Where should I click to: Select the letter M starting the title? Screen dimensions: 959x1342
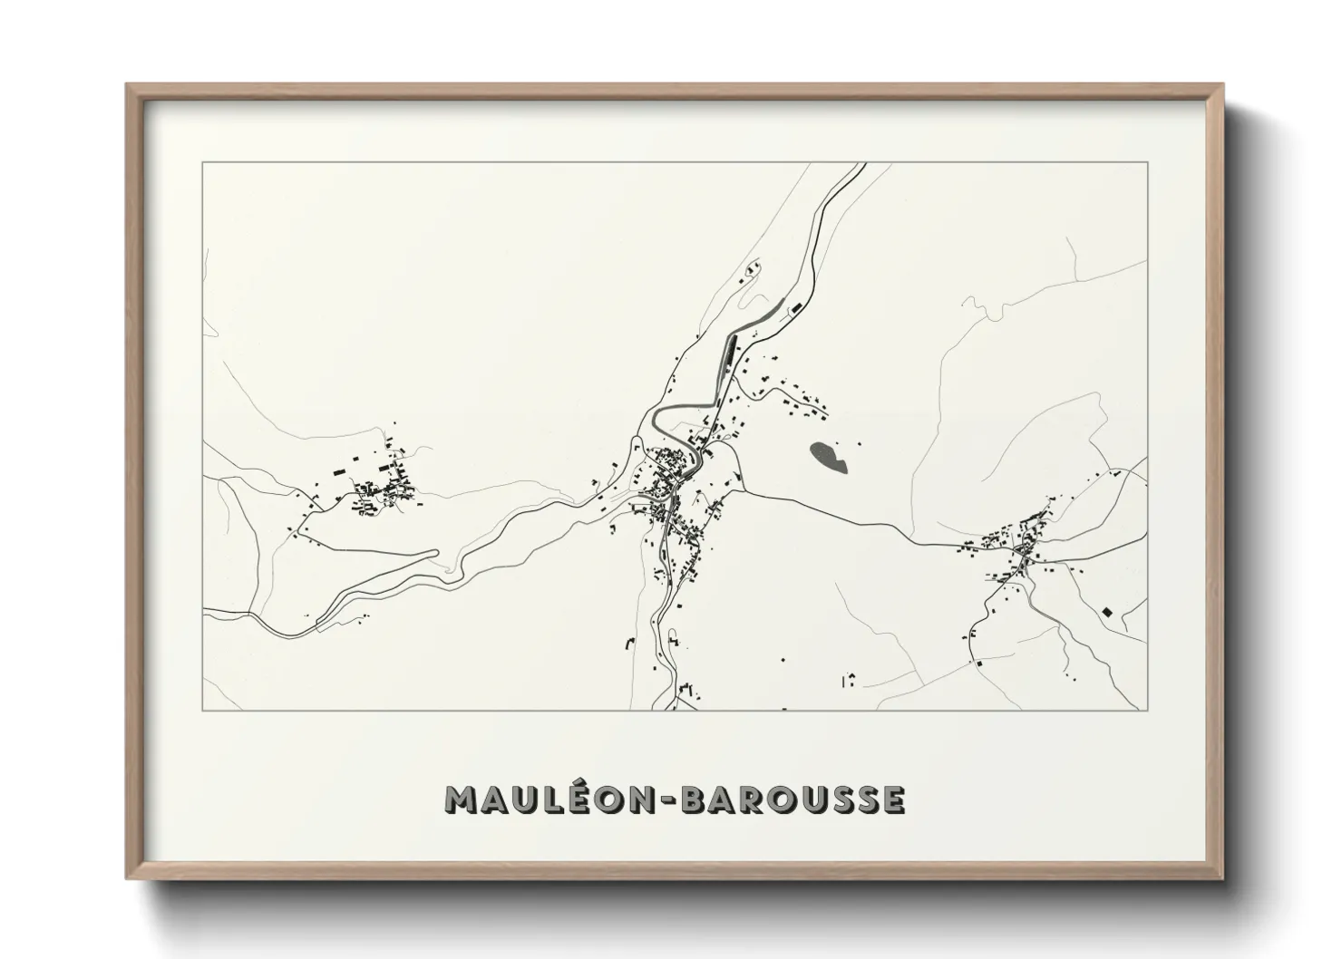tap(462, 799)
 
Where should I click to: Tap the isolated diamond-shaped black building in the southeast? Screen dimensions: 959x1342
tap(1106, 613)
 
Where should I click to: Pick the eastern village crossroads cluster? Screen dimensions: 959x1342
tap(1025, 544)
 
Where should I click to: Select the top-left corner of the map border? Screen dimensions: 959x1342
tap(203, 163)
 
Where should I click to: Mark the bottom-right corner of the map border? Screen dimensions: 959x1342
tap(1148, 711)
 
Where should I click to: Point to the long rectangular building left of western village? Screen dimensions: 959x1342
tap(339, 471)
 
